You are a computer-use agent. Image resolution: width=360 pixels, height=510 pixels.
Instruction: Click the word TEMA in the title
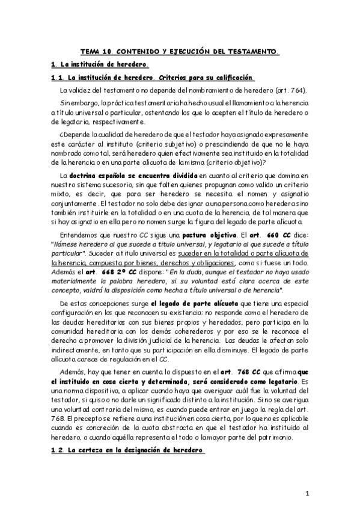point(91,52)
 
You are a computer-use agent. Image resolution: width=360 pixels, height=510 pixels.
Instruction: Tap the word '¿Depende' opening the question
point(74,136)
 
